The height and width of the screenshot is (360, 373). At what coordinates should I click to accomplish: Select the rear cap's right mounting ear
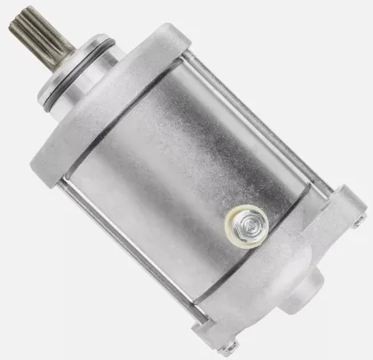(x=352, y=213)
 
